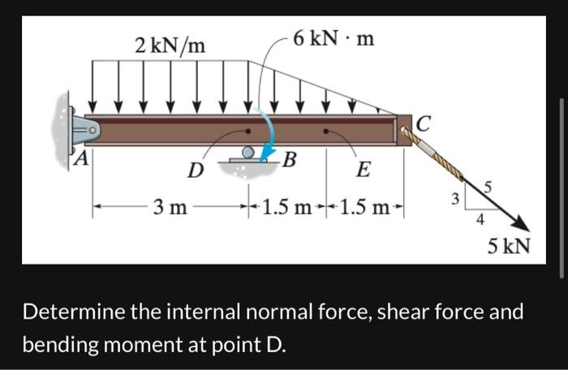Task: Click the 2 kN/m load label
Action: pos(170,45)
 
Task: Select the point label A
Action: pos(80,158)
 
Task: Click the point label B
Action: pos(287,157)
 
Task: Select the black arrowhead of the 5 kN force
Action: pos(522,224)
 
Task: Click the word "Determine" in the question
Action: pos(80,312)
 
